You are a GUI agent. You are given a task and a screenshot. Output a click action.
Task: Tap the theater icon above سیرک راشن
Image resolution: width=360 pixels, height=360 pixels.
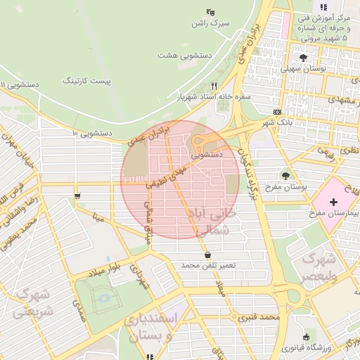[209, 12]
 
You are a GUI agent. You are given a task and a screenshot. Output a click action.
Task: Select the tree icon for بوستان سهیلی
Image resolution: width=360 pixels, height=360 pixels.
[303, 58]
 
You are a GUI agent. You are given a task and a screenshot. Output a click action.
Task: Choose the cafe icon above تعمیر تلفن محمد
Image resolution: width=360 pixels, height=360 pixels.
[207, 255]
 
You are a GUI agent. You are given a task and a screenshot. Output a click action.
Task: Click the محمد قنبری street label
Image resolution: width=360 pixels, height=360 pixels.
[259, 318]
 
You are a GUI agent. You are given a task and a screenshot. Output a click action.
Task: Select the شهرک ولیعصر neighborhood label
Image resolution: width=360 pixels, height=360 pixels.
[319, 266]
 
